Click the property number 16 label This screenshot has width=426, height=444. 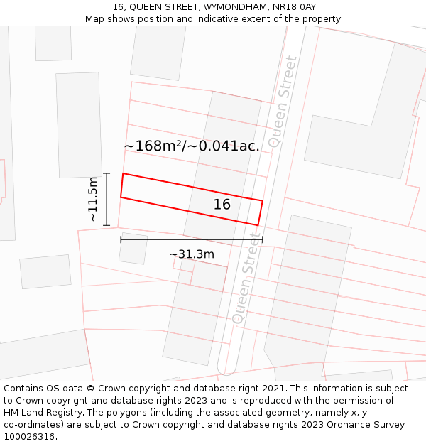(x=222, y=205)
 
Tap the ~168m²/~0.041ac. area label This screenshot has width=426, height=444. (x=192, y=146)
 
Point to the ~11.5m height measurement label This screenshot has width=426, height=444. (x=93, y=200)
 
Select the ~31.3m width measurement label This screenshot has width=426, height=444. (x=192, y=254)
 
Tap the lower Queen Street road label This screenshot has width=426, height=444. (x=246, y=277)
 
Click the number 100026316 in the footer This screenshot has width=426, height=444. (x=30, y=437)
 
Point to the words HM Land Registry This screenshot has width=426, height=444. (x=39, y=401)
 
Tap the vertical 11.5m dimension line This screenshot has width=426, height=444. (x=106, y=200)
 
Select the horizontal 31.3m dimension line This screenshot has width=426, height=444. (x=192, y=239)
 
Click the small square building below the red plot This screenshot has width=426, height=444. (x=133, y=249)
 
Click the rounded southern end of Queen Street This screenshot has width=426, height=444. (x=226, y=369)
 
